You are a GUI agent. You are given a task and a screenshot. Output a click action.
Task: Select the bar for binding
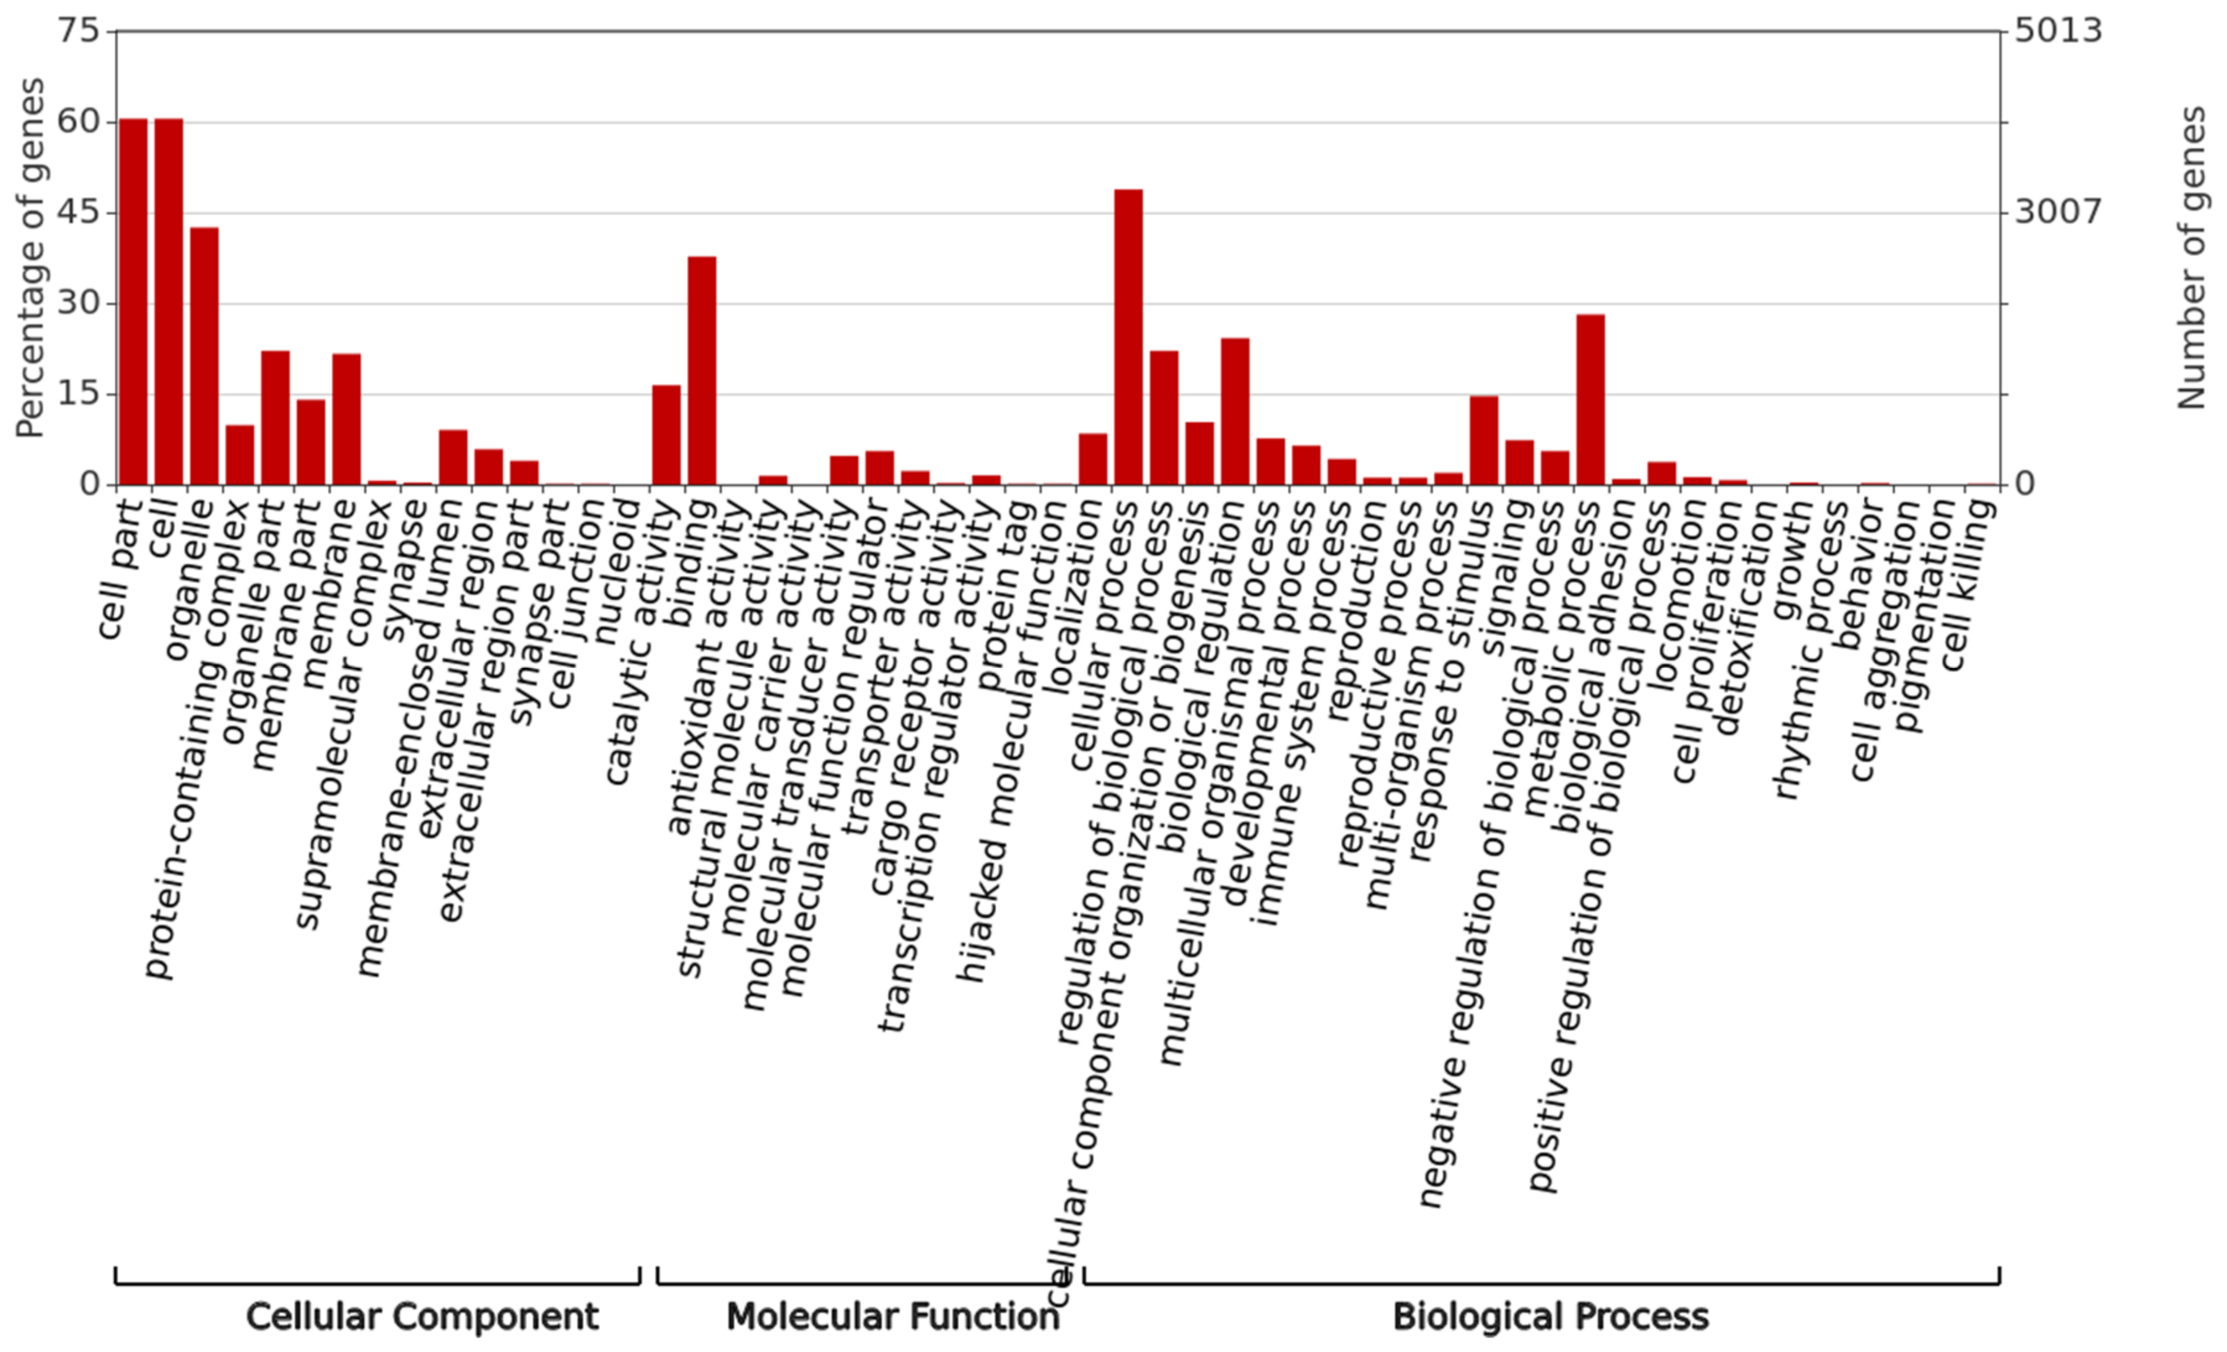[x=702, y=371]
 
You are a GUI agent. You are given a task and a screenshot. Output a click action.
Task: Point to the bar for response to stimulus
[x=1483, y=440]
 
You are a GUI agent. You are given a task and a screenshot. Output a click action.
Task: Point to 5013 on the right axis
[x=2058, y=32]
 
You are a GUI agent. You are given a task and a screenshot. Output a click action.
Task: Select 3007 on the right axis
[x=2058, y=212]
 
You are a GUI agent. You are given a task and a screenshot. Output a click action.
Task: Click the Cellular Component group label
[x=422, y=1317]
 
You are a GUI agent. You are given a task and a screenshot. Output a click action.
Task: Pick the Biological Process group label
[x=1550, y=1317]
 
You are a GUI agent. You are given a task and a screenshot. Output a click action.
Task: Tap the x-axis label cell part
[x=121, y=570]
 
